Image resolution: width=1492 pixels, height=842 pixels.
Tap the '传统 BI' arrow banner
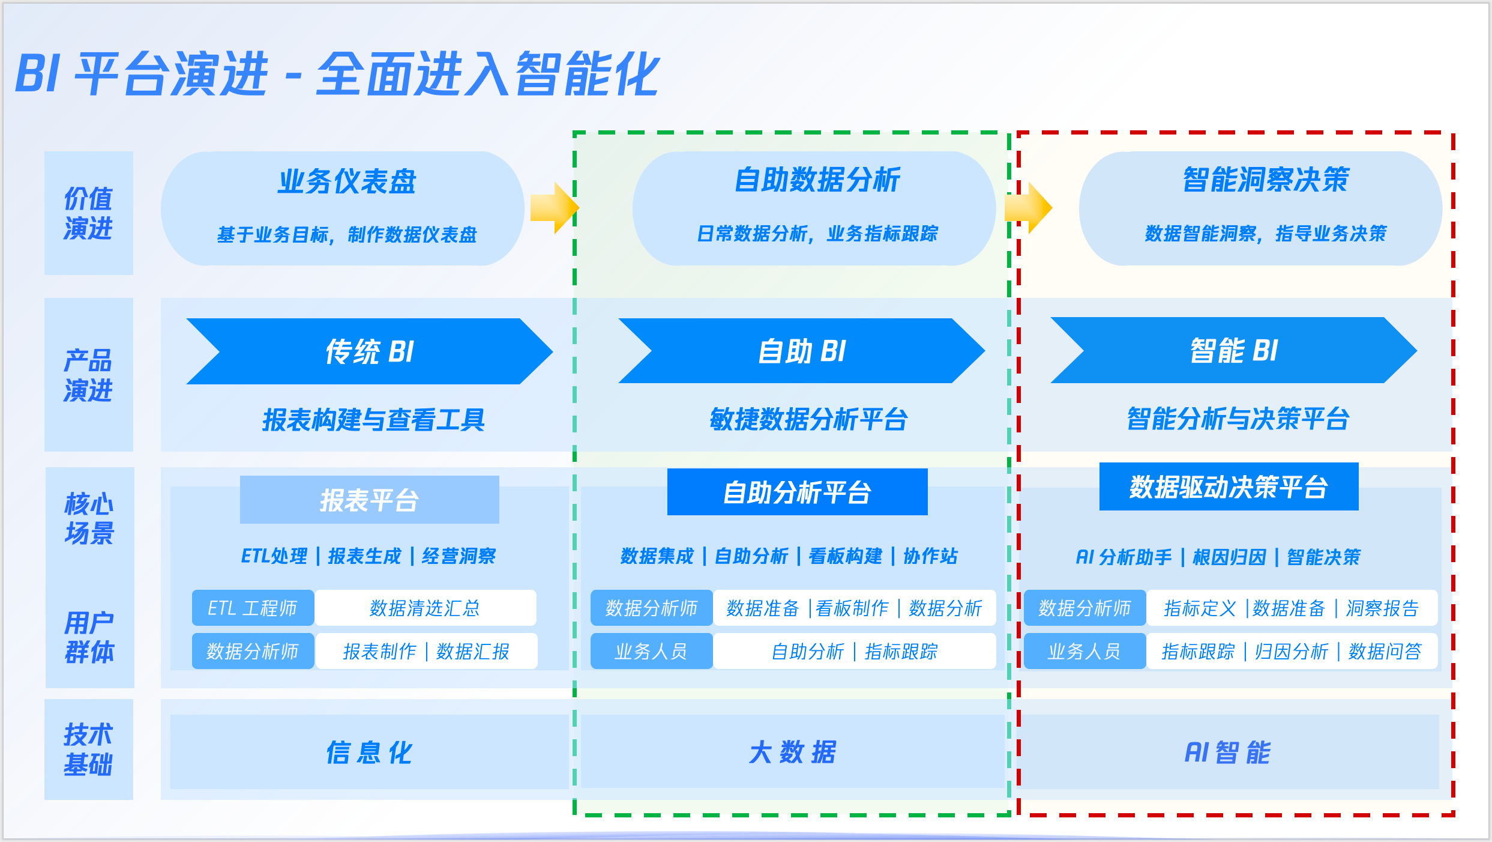(369, 351)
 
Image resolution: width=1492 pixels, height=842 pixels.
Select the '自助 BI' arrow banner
(801, 351)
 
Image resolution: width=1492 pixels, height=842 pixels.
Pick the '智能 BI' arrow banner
(1233, 351)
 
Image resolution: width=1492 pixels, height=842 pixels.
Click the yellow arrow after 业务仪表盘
(555, 208)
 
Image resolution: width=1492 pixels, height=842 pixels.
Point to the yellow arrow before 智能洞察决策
(1029, 208)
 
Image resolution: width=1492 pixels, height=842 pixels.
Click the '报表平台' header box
(369, 500)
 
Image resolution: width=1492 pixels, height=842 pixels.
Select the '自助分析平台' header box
(797, 492)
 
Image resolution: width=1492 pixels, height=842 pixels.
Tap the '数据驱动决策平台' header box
(1229, 486)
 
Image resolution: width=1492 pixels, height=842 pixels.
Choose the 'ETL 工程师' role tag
(253, 608)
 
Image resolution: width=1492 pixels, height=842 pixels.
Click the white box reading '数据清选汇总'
(425, 608)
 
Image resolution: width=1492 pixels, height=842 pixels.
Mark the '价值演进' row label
(88, 213)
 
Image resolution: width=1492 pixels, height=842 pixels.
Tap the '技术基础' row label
(88, 749)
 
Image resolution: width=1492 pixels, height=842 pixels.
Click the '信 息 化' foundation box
(369, 752)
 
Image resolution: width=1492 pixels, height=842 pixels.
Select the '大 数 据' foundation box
(792, 751)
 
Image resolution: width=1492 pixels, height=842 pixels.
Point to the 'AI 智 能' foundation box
(1228, 752)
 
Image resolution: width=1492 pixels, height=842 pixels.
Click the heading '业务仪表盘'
(346, 181)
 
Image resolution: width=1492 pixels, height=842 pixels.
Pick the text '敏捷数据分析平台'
(808, 419)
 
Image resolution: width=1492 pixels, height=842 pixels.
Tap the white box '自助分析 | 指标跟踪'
(854, 651)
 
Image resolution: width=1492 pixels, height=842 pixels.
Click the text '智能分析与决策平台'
(1238, 419)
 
